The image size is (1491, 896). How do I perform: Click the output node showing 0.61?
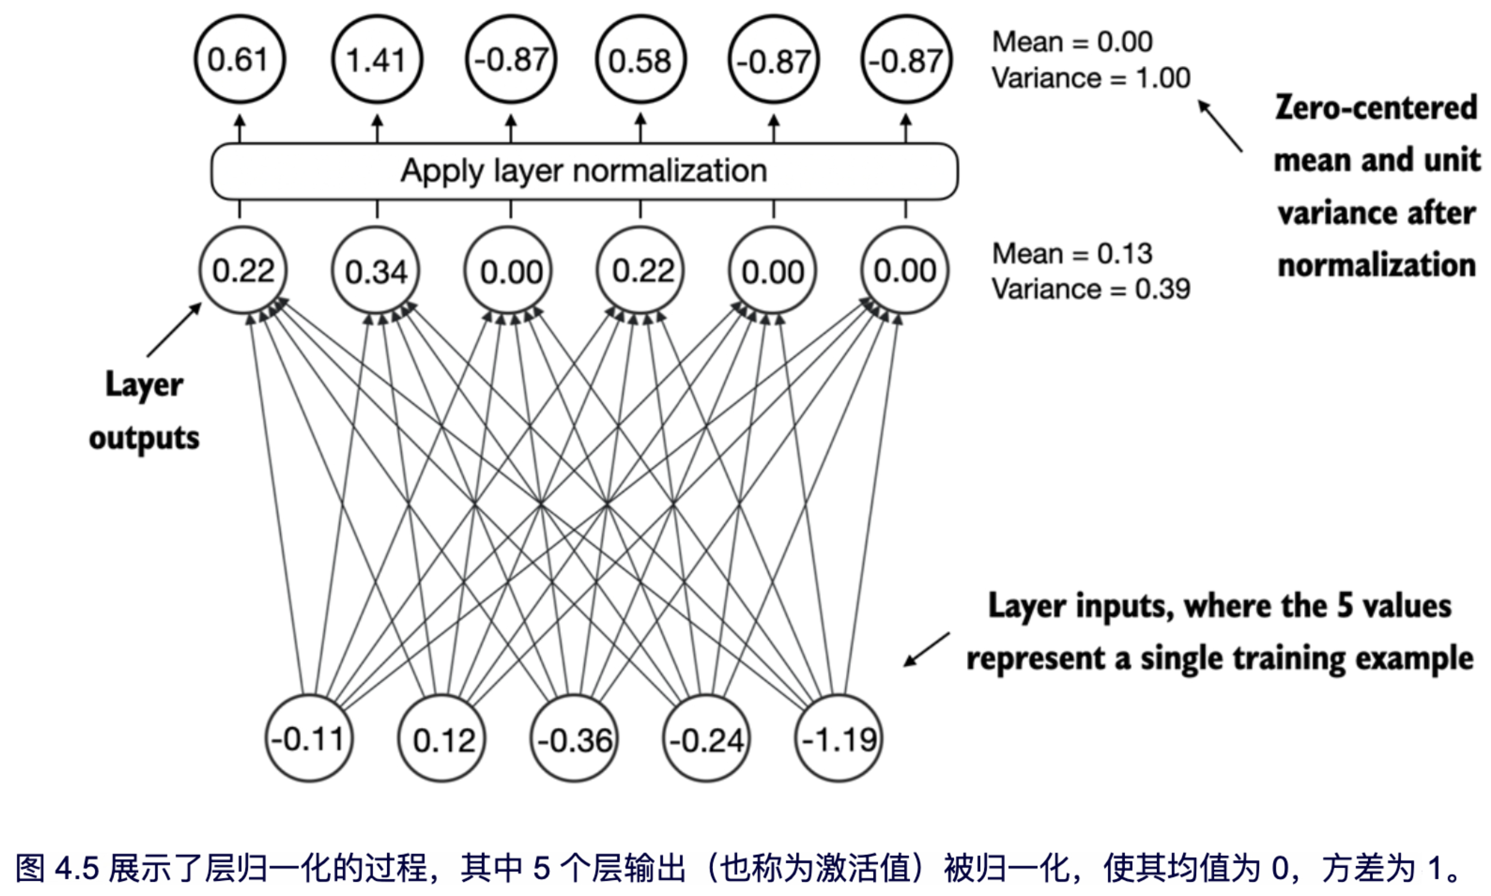(x=239, y=59)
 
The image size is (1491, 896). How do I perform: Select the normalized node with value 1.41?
(x=377, y=59)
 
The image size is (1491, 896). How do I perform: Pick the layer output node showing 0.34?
(x=376, y=271)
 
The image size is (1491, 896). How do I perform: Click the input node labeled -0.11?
(x=309, y=738)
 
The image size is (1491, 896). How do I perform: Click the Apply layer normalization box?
(x=584, y=171)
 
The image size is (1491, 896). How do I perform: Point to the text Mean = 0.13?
(x=1072, y=253)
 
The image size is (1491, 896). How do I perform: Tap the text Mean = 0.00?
(x=1072, y=42)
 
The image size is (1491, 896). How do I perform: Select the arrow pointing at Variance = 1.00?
(x=1220, y=126)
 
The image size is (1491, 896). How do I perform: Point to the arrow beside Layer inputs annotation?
(x=926, y=649)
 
